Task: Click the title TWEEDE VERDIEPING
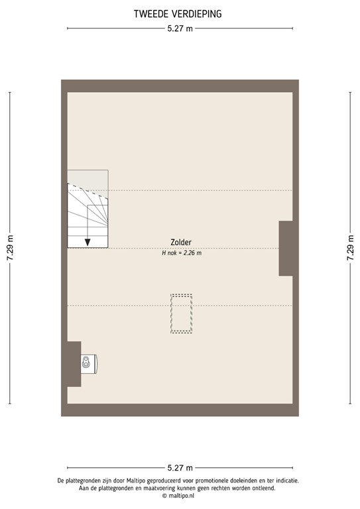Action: coord(178,13)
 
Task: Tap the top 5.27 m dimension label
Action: coord(180,28)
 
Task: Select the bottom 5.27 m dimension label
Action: coord(180,467)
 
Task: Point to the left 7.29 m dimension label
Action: coord(9,248)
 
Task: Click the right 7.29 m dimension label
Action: coord(349,248)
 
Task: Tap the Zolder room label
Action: coord(181,243)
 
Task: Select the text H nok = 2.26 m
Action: coord(181,253)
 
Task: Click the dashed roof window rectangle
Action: coord(181,313)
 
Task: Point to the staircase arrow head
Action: coord(88,241)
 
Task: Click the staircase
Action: coord(87,215)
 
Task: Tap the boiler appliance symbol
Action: coord(88,363)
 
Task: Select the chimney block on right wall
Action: coord(286,248)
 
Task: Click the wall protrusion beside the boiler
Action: coord(74,363)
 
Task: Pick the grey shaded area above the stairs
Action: coord(87,178)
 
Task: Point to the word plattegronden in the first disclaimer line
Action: coord(86,480)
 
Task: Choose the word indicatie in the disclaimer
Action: coord(286,480)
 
